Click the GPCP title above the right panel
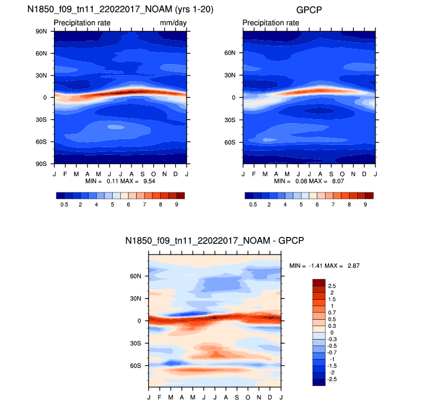(x=309, y=10)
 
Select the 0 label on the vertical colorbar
(x=331, y=332)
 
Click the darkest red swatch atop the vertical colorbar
(x=319, y=282)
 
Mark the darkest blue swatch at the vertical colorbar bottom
(x=319, y=382)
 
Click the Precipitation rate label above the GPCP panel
(x=270, y=23)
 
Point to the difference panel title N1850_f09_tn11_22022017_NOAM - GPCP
(x=214, y=241)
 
